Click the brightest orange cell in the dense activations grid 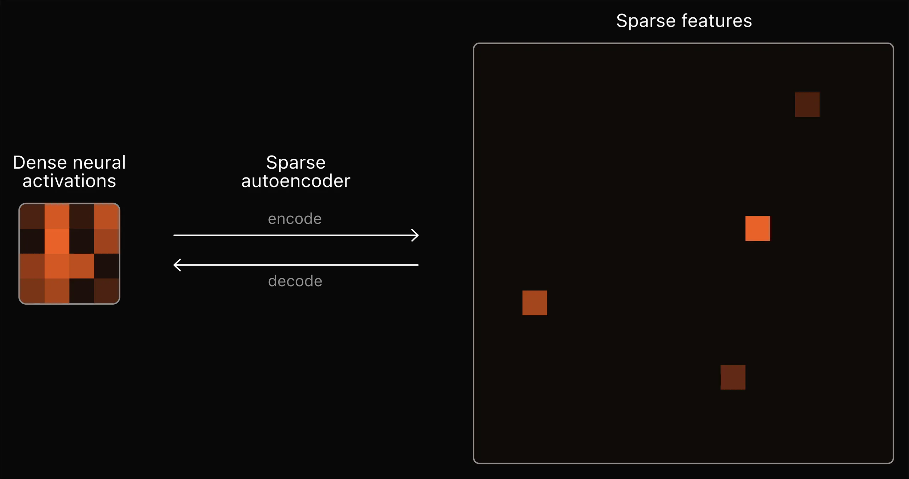coord(57,241)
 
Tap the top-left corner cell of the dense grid coord(32,216)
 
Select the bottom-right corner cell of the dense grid coord(107,291)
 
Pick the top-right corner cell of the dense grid coord(107,216)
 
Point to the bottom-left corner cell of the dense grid coord(32,291)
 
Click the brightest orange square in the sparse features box coord(757,229)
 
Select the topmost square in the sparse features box coord(807,105)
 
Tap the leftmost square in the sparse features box coord(534,303)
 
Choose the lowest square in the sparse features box coord(733,377)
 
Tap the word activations coord(69,181)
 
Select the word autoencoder coord(296,181)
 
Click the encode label coord(295,219)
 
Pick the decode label coord(295,281)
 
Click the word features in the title coord(716,21)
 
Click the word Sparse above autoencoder coord(296,163)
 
